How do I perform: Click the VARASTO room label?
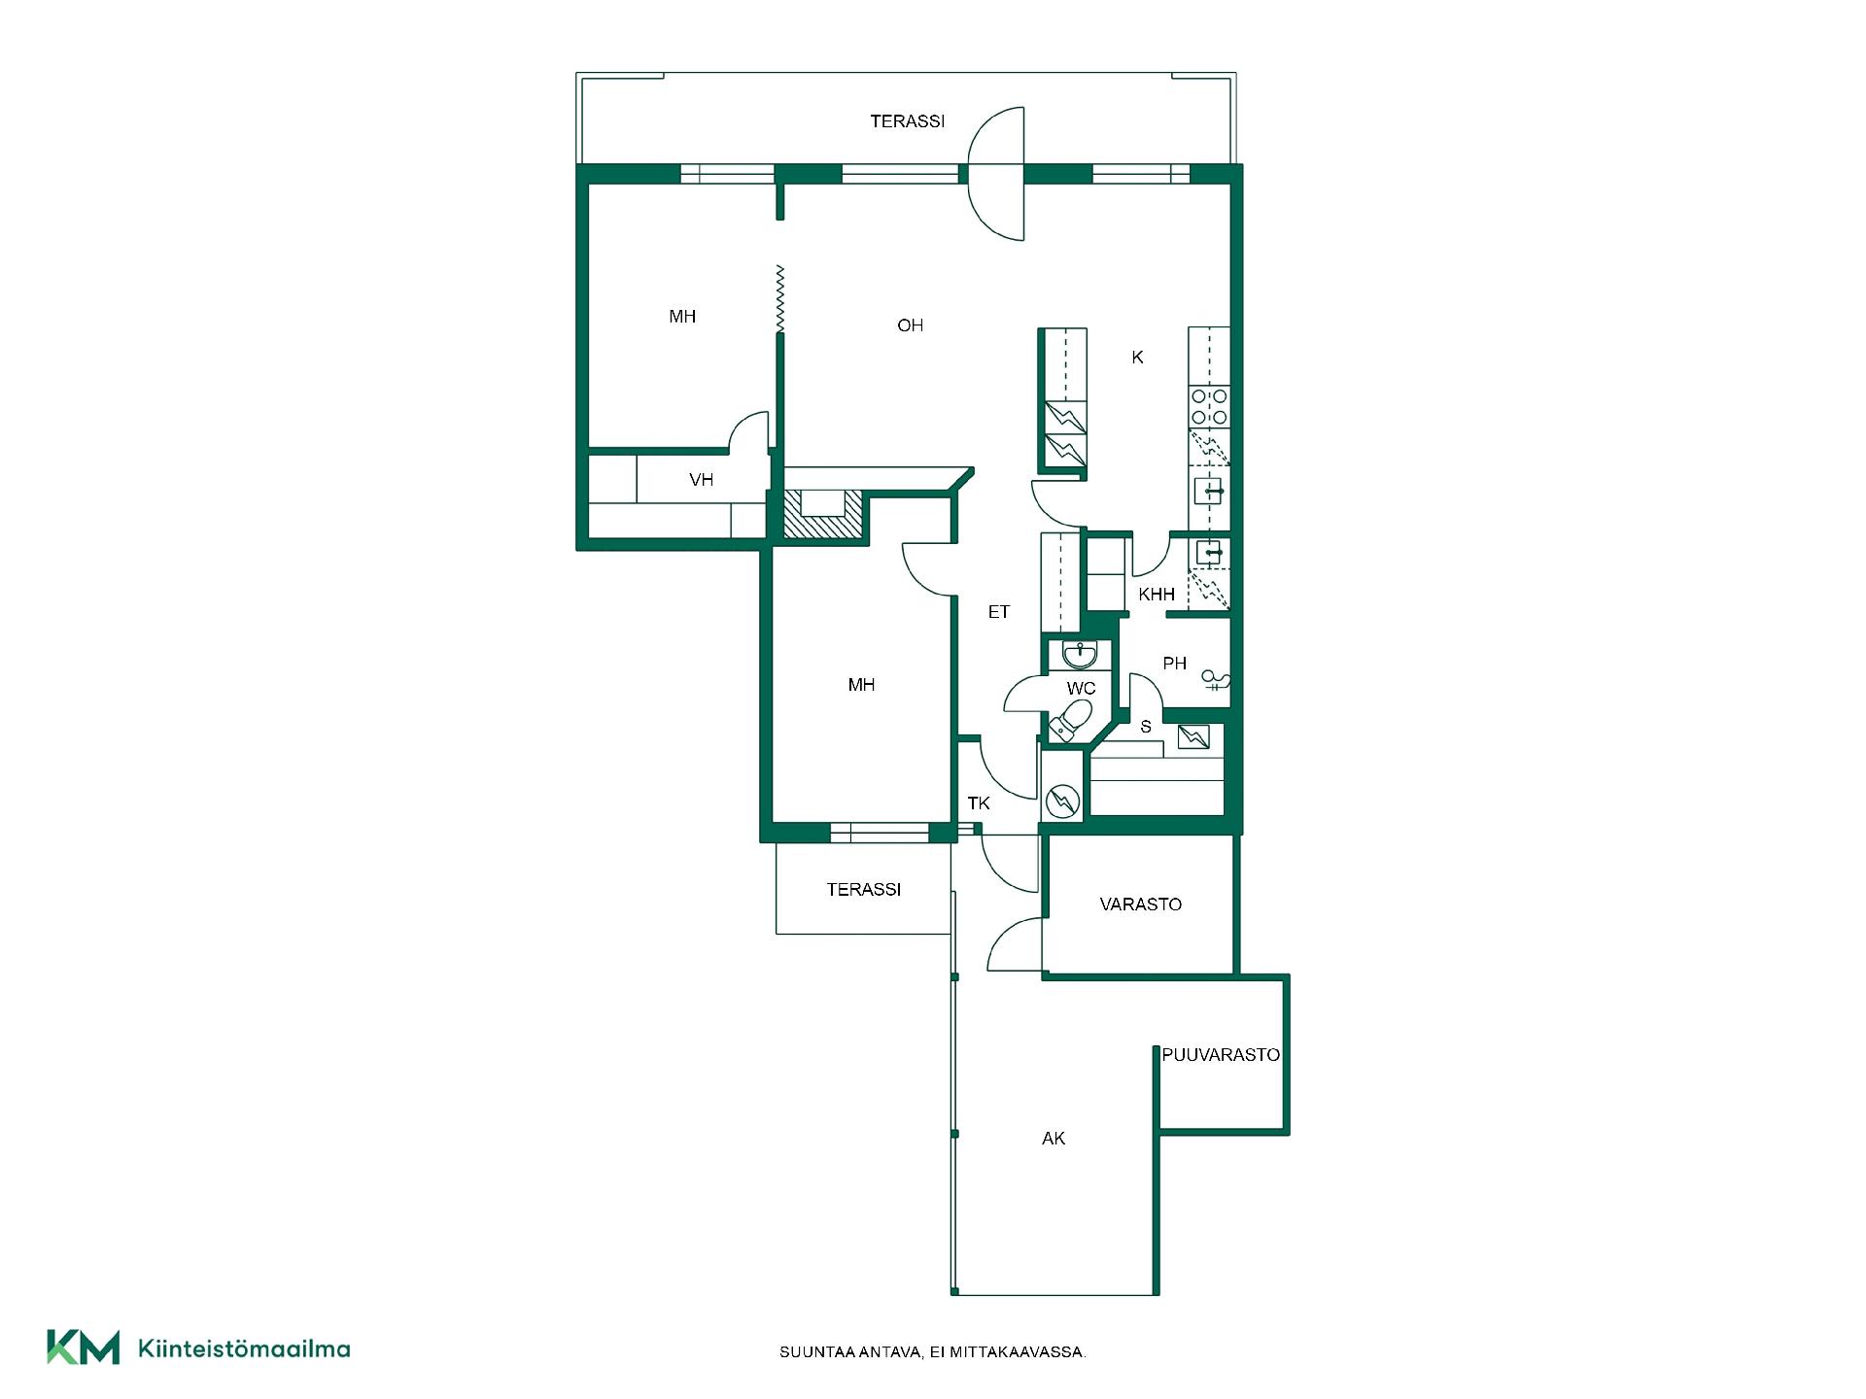pos(1140,904)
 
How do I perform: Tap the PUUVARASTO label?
pos(1221,1055)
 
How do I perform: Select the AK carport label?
pos(1054,1139)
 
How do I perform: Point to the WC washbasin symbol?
pos(1080,655)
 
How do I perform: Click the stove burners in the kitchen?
pos(1209,406)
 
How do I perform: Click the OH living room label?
pos(911,325)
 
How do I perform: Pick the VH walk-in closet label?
pos(701,480)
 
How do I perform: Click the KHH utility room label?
pos(1157,595)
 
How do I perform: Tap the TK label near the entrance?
pos(979,803)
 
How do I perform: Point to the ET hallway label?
pos(999,612)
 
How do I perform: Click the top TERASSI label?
pos(908,121)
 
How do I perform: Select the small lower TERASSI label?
pos(864,890)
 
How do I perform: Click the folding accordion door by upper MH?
pos(779,299)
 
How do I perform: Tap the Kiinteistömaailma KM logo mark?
pos(84,1348)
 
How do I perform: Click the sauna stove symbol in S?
pos(1193,737)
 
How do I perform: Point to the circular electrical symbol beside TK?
pos(1062,800)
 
